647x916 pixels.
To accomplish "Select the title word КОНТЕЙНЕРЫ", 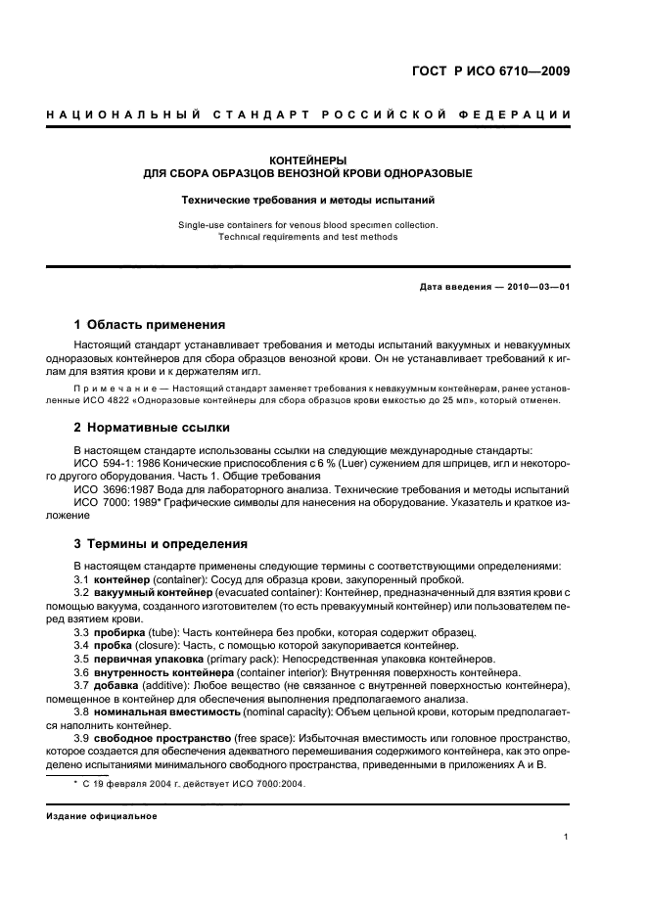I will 307,160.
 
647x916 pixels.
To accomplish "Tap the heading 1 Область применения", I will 150,325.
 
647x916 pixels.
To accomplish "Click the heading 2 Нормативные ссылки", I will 152,428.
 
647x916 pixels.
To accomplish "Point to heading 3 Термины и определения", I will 162,543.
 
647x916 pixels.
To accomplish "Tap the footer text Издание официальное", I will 101,815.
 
